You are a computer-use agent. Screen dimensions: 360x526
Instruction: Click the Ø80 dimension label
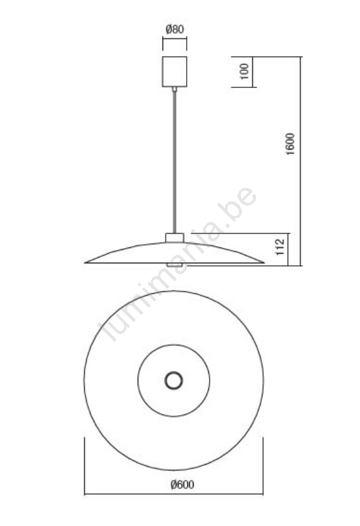point(175,29)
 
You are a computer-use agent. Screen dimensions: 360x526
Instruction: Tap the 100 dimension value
point(245,71)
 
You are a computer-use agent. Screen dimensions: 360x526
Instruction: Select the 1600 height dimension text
point(291,144)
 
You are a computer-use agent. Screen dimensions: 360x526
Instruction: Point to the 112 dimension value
point(280,247)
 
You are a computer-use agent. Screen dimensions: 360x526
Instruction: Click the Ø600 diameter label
point(182,485)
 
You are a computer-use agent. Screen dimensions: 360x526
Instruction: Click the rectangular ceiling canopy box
point(175,72)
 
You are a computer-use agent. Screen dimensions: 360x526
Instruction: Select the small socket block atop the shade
point(175,238)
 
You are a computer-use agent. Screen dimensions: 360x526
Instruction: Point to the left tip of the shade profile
point(85,263)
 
